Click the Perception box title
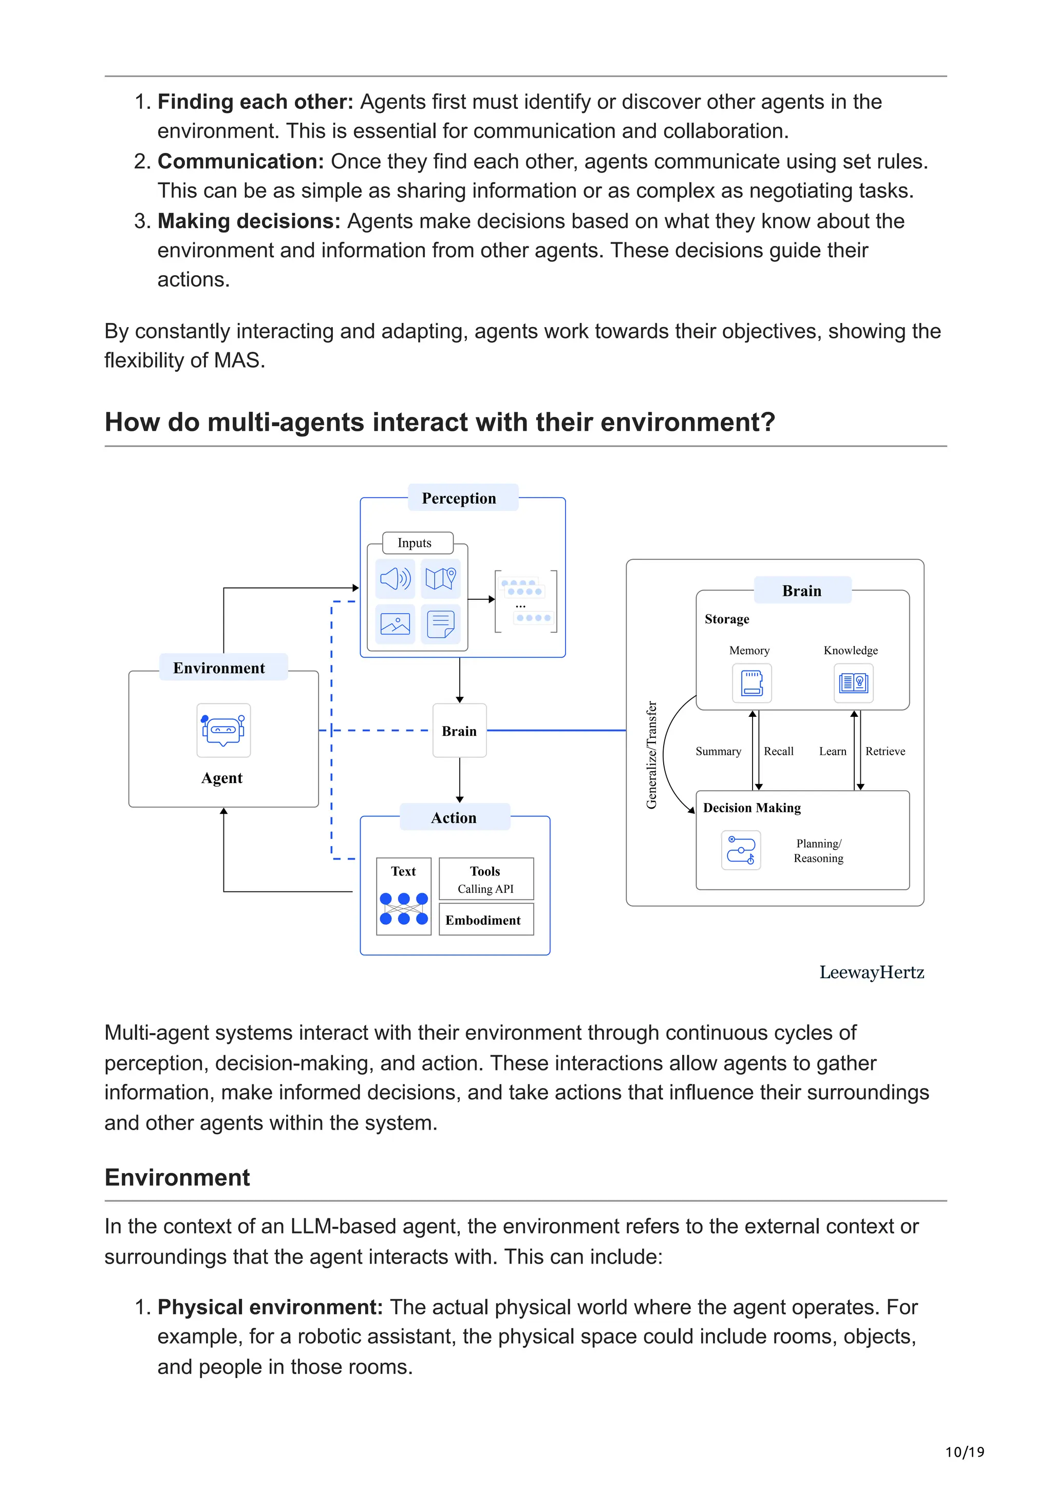[x=458, y=499]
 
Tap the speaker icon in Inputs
[x=394, y=578]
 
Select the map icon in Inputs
[x=440, y=578]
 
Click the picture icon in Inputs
[x=394, y=624]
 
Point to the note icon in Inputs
[x=440, y=624]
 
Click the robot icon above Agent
[x=223, y=730]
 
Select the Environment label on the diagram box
[x=219, y=668]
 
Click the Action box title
[x=454, y=818]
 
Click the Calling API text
[x=485, y=889]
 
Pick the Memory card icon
[x=752, y=683]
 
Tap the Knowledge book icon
[x=853, y=683]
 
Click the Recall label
[x=778, y=751]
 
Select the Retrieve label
[x=886, y=751]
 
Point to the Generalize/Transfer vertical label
[x=651, y=755]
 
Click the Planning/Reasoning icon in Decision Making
[x=741, y=850]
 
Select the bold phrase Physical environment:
[x=270, y=1307]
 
